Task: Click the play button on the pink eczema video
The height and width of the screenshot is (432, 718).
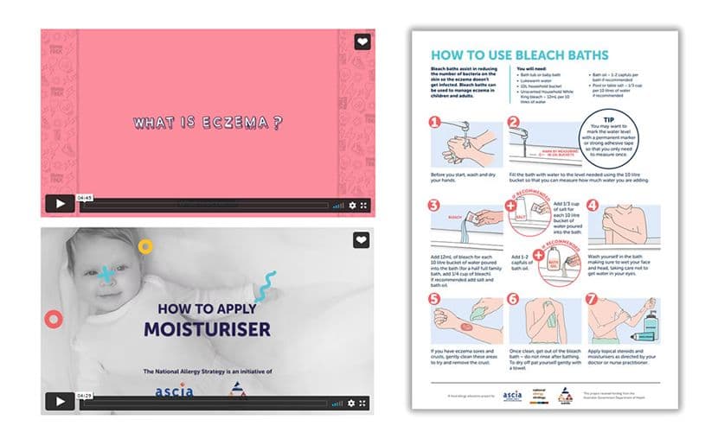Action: tap(60, 205)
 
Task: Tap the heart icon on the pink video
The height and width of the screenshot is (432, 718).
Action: tap(362, 41)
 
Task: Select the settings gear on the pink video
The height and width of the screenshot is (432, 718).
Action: tap(352, 206)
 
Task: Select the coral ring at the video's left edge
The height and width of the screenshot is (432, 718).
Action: tap(53, 320)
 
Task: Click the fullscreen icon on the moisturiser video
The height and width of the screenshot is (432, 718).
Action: tap(364, 403)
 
